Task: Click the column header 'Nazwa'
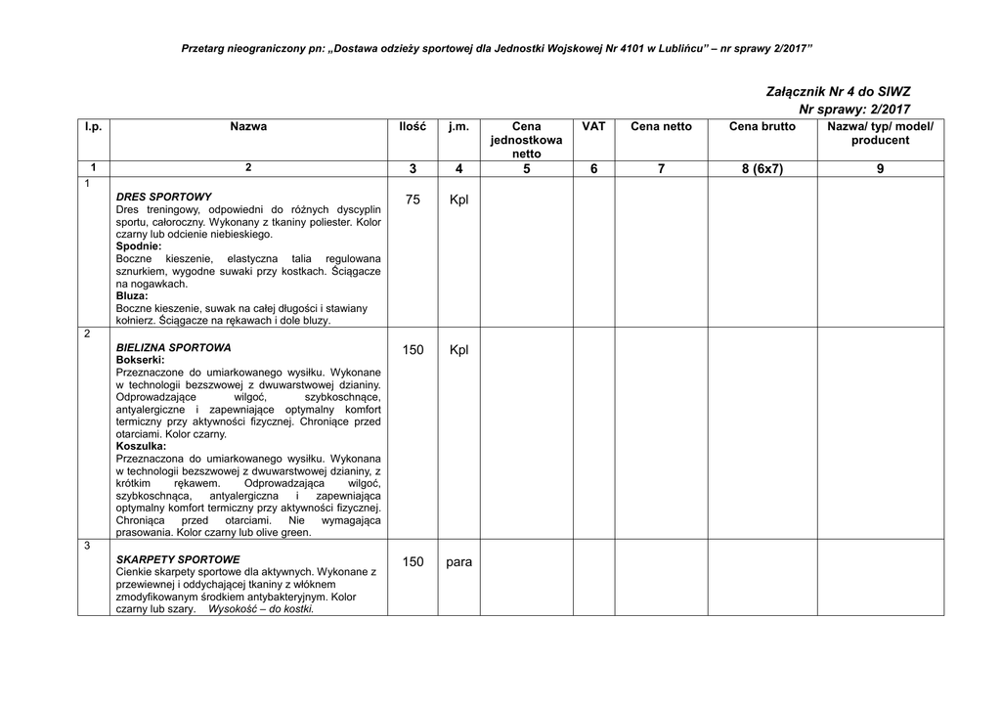248,127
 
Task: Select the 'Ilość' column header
413,127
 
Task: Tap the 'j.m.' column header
458,127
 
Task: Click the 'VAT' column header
593,127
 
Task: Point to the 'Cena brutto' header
762,127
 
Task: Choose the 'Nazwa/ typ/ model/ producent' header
880,133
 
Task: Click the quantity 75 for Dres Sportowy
413,199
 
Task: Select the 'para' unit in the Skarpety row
458,562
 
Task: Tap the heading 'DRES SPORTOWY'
163,197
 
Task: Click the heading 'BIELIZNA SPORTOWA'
173,347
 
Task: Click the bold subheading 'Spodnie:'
139,246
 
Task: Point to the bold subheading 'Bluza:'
132,295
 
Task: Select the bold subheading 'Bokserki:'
140,360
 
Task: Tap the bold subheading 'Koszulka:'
141,446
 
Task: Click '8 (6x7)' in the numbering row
762,169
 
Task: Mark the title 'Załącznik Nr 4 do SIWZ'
838,91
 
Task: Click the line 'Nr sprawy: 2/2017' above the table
854,109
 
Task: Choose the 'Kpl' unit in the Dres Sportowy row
458,199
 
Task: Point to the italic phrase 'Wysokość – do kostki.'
261,608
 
